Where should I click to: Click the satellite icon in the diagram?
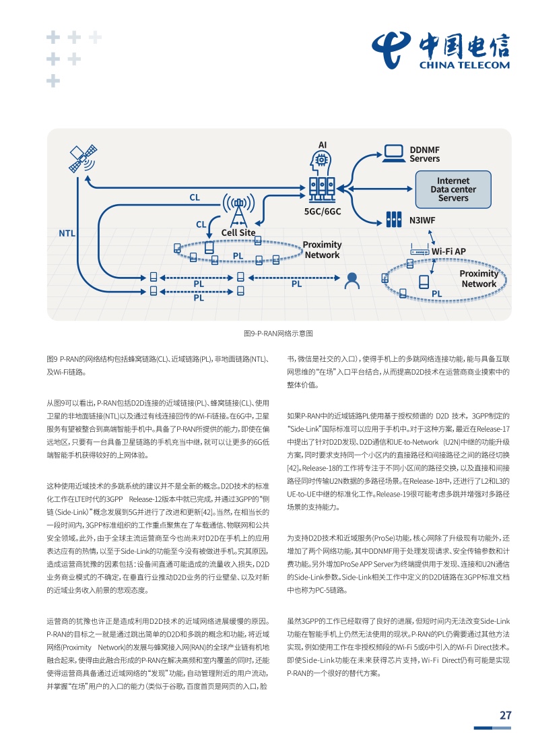(x=82, y=158)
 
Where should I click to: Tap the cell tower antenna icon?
(x=238, y=210)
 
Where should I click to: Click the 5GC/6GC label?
(x=323, y=212)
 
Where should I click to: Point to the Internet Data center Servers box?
(x=453, y=189)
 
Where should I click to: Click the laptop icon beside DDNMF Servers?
(x=394, y=154)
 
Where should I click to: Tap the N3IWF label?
(x=422, y=220)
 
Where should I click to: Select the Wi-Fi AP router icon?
(x=420, y=251)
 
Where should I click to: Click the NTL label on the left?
(x=67, y=233)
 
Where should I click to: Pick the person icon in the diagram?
(x=352, y=281)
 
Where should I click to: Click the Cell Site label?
(x=238, y=232)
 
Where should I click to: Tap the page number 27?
(x=505, y=716)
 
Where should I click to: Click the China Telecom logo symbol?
(x=391, y=49)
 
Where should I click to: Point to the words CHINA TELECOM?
(x=464, y=65)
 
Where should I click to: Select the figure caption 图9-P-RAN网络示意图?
(x=278, y=333)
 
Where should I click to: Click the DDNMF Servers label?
(x=425, y=154)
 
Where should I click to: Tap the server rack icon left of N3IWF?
(x=394, y=220)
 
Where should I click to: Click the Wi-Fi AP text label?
(x=448, y=252)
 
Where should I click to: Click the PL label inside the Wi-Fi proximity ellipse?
(x=436, y=294)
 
